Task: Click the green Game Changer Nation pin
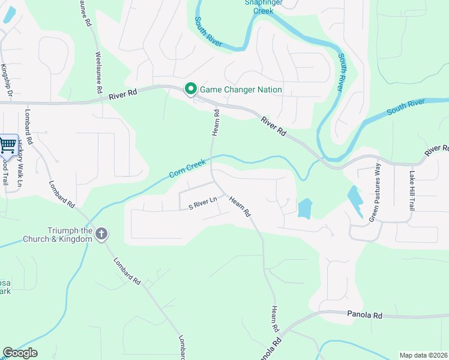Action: click(x=191, y=89)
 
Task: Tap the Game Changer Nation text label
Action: click(x=241, y=90)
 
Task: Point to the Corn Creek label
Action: click(x=187, y=168)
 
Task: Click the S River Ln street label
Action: click(x=202, y=206)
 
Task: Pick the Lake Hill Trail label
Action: click(x=412, y=191)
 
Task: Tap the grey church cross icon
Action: click(x=101, y=233)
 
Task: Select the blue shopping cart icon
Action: click(x=8, y=144)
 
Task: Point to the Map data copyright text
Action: click(x=423, y=355)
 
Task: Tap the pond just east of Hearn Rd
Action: click(x=305, y=208)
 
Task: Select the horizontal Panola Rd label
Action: click(x=364, y=314)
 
